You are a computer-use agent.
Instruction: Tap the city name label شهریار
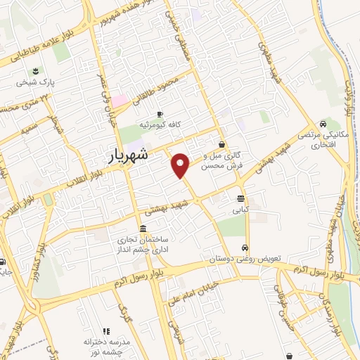click(128, 155)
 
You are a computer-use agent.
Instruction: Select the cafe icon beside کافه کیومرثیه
click(160, 114)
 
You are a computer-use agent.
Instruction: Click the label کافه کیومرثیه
click(160, 124)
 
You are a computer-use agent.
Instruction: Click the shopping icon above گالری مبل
click(222, 145)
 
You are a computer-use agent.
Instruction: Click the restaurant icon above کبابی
click(241, 198)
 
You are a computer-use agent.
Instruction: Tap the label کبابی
click(241, 209)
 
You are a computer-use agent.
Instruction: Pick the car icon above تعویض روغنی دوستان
click(244, 248)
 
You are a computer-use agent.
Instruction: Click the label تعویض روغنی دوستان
click(244, 259)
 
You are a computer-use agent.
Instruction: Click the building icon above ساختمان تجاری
click(143, 229)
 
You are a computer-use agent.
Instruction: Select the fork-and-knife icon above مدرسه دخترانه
click(106, 331)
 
